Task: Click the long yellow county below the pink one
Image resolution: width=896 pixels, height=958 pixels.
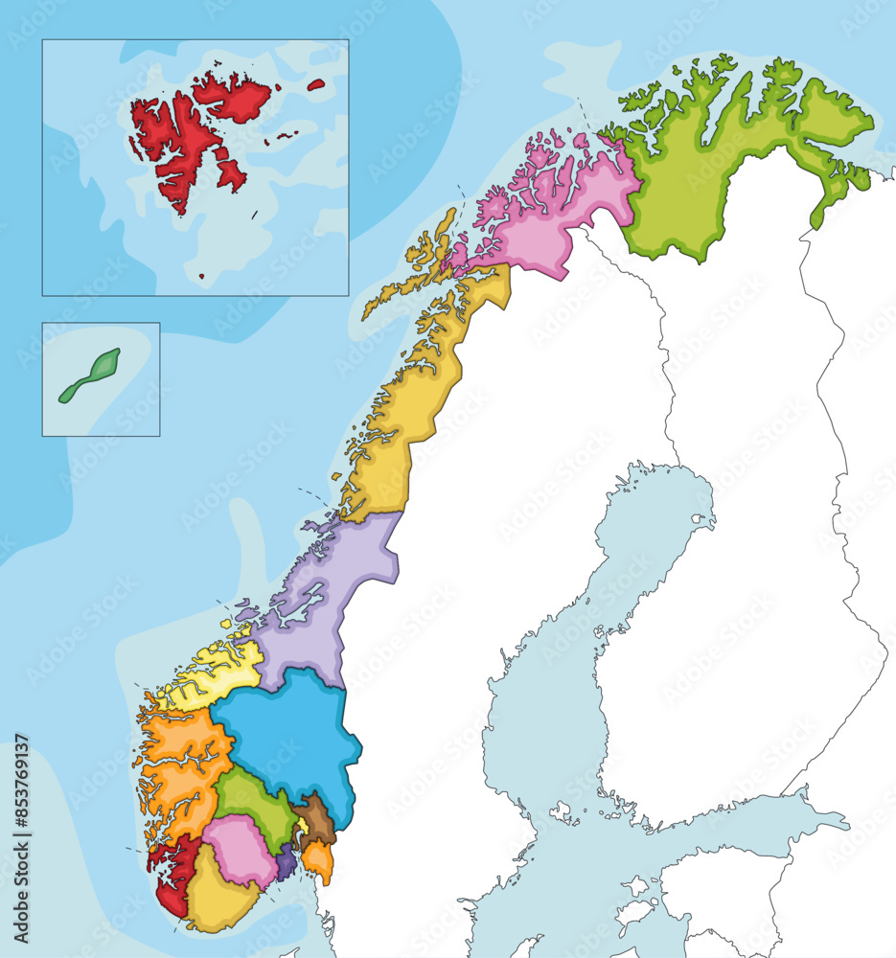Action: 402,422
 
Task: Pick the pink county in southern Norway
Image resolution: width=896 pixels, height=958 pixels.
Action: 240,848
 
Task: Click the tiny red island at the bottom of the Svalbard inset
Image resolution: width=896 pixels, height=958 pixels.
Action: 201,277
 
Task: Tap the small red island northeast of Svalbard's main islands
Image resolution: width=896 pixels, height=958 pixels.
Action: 316,84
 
